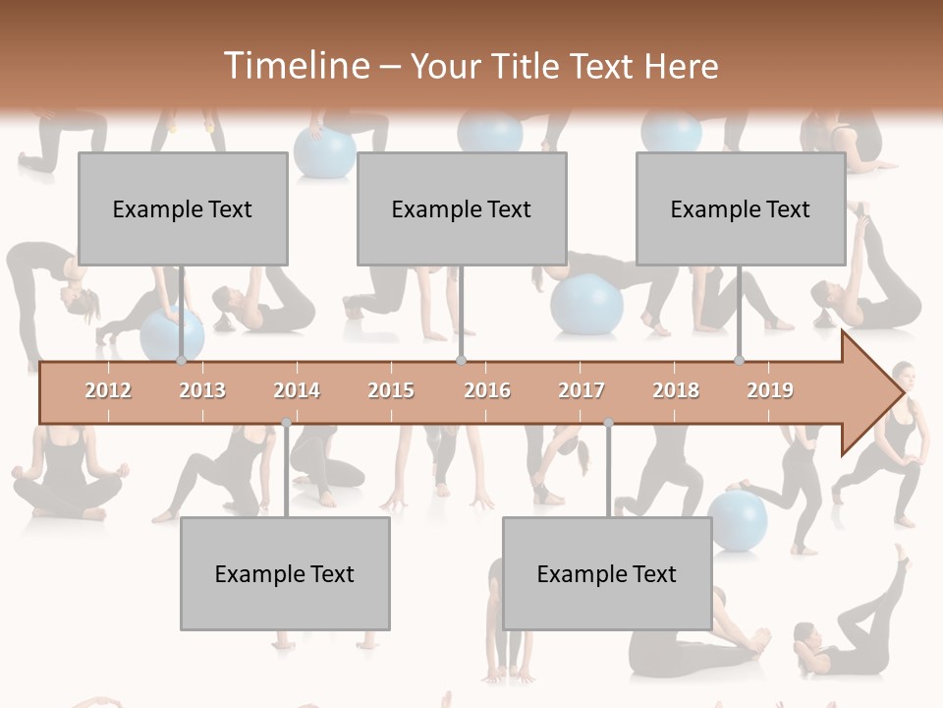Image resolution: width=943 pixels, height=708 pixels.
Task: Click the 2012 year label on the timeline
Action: [108, 390]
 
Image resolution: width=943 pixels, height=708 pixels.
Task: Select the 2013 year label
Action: [202, 390]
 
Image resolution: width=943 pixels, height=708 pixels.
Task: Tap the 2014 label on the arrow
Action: [297, 390]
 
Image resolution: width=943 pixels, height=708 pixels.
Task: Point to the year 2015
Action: [391, 390]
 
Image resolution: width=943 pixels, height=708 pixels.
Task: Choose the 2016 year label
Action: [487, 390]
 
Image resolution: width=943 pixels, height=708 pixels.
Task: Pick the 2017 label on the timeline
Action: [582, 390]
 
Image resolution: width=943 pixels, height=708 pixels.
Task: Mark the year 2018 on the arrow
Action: [676, 390]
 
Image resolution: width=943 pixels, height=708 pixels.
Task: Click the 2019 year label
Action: [770, 390]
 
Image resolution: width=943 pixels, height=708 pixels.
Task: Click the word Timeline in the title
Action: [295, 66]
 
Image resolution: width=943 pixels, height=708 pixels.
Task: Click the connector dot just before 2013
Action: [182, 361]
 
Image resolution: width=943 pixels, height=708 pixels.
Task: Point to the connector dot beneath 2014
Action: [286, 423]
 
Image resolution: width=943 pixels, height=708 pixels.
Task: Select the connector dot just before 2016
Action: [461, 361]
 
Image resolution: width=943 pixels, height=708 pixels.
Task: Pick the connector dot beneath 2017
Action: [608, 423]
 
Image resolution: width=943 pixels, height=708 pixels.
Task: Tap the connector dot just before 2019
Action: [740, 361]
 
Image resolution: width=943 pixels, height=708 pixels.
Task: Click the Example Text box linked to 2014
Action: [285, 573]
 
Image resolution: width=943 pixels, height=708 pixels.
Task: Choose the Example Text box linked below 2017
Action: [607, 573]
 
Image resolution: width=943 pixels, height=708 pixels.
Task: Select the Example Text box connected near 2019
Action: [741, 208]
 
